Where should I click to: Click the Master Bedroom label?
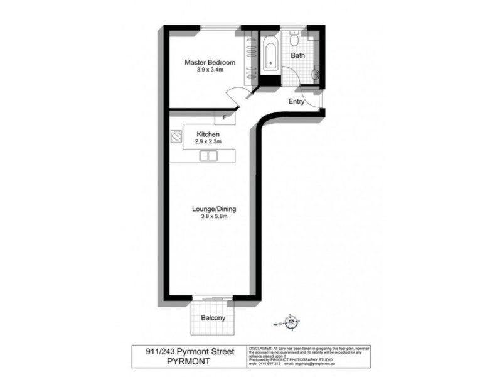tap(210, 62)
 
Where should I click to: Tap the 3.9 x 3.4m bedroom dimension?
tap(210, 70)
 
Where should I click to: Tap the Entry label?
tap(296, 101)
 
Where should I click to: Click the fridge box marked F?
tap(223, 117)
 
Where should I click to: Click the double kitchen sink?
tap(208, 156)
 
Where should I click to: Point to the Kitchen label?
tap(208, 134)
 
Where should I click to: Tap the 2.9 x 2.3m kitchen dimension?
tap(208, 143)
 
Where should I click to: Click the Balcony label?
tap(213, 318)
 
